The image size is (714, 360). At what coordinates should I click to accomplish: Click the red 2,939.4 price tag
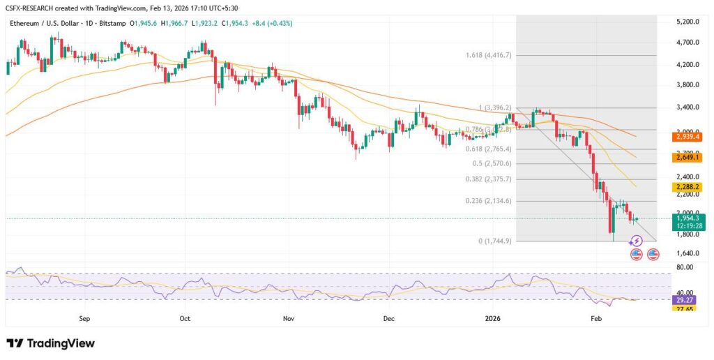coord(687,137)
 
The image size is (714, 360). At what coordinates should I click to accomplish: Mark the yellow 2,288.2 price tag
coord(687,187)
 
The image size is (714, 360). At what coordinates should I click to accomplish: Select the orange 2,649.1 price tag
coord(687,158)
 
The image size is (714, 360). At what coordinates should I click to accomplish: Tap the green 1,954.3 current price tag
coord(687,218)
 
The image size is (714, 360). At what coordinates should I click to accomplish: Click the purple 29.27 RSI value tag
coord(687,299)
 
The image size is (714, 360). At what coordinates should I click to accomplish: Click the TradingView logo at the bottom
coord(50,343)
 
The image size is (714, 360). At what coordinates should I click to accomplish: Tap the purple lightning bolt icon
coord(636,241)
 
